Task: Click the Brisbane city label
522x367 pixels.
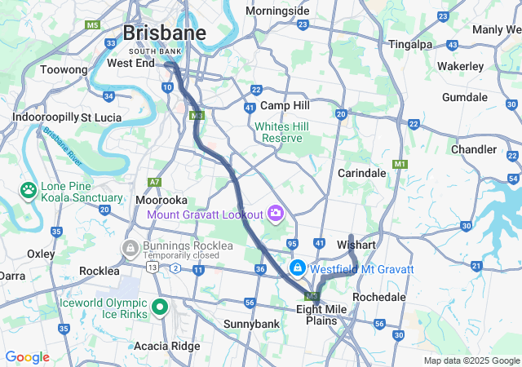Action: pos(164,33)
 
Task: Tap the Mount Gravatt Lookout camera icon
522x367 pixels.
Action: pos(275,214)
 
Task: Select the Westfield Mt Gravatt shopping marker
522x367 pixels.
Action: pos(299,268)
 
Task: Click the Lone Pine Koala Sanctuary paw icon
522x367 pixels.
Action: pos(29,189)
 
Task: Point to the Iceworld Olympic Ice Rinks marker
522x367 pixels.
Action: pos(159,308)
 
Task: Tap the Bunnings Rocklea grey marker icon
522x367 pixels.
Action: pos(130,246)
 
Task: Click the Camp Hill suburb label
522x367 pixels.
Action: pos(285,106)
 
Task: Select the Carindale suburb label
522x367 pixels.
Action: pos(362,173)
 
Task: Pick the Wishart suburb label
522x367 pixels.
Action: pos(356,245)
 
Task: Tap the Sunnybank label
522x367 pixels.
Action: pos(252,324)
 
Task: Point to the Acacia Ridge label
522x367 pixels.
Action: pos(166,346)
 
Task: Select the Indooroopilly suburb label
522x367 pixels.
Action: pos(45,117)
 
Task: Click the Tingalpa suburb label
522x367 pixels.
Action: pos(410,44)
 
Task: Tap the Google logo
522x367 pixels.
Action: pos(27,357)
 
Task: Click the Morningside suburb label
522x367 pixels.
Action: pos(277,11)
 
